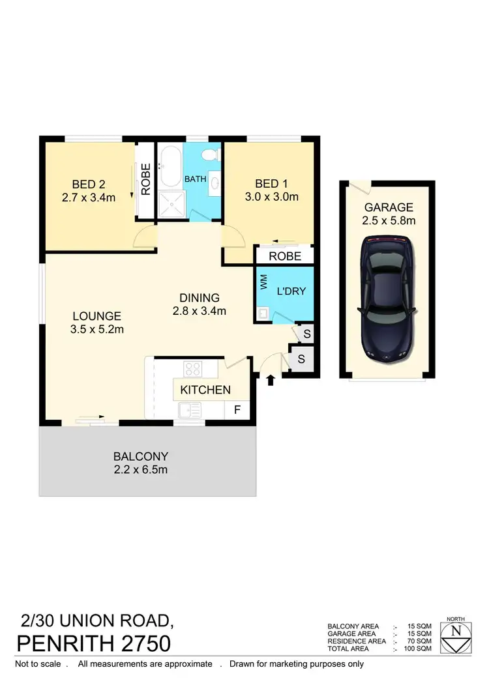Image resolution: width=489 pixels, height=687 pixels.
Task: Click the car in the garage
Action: [388, 299]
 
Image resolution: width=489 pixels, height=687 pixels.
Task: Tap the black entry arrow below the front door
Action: [271, 379]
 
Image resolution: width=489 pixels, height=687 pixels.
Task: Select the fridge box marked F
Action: [236, 410]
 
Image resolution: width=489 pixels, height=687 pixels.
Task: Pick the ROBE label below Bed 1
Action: [285, 256]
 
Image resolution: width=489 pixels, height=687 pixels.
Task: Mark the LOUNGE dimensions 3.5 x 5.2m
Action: [97, 329]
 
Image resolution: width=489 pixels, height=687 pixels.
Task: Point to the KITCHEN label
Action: [205, 390]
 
